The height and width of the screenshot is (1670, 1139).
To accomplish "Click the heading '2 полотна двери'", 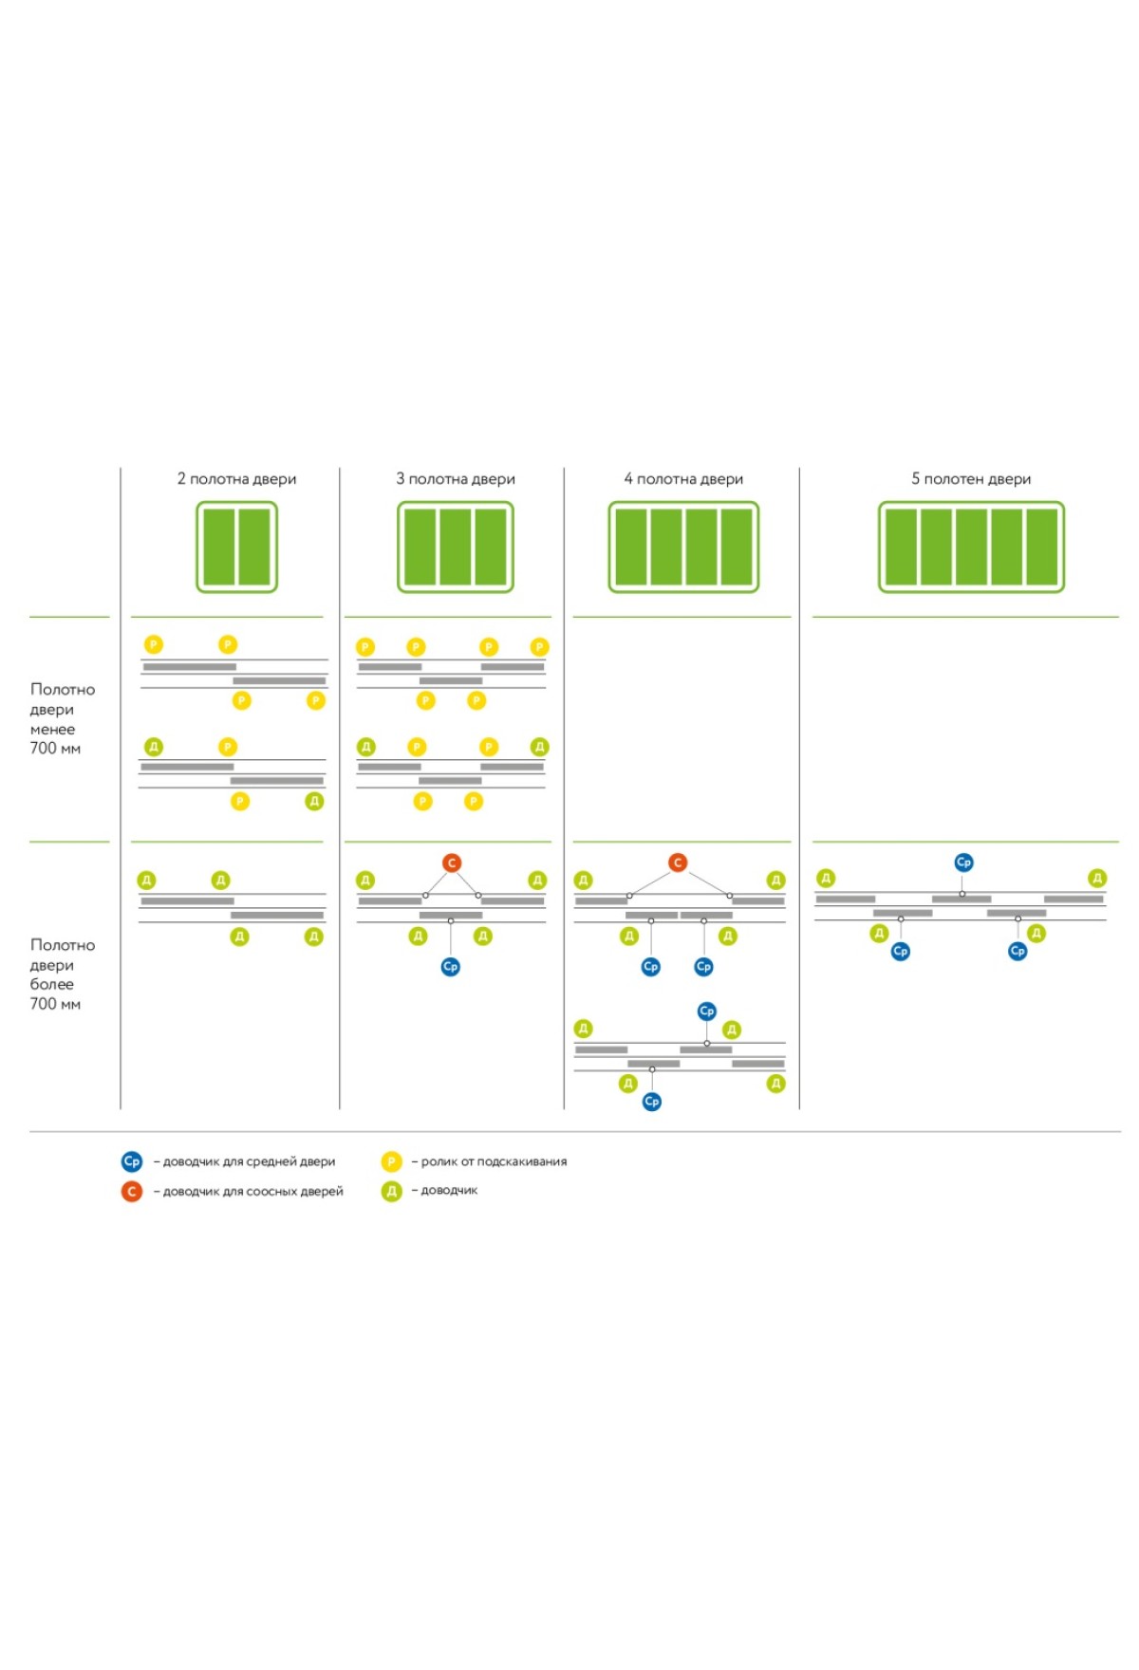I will pyautogui.click(x=236, y=479).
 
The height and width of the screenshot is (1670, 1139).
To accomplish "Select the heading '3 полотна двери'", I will pyautogui.click(x=456, y=479).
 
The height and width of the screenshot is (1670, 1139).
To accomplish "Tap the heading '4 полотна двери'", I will pyautogui.click(x=683, y=479).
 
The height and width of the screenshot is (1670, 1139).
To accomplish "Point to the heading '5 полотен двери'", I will pyautogui.click(x=971, y=479).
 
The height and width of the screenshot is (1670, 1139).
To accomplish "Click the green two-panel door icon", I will pyautogui.click(x=236, y=547).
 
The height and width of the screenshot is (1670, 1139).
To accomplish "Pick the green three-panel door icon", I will pyautogui.click(x=456, y=547).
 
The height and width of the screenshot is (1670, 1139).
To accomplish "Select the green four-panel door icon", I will pyautogui.click(x=683, y=547).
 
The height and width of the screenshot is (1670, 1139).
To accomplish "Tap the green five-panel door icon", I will pyautogui.click(x=971, y=547).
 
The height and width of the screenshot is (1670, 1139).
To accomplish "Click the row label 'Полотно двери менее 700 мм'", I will pyautogui.click(x=61, y=718).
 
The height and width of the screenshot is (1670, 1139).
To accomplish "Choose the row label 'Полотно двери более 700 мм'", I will pyautogui.click(x=61, y=974).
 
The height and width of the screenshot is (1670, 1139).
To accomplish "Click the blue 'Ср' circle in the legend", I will pyautogui.click(x=132, y=1161).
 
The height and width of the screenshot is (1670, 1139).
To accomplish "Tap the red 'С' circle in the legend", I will pyautogui.click(x=132, y=1191).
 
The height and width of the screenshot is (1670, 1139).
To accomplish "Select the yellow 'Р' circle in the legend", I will pyautogui.click(x=391, y=1161).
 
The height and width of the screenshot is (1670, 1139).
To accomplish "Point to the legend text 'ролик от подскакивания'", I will pyautogui.click(x=494, y=1161).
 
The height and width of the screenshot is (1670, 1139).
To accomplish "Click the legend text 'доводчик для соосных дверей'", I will pyautogui.click(x=252, y=1191).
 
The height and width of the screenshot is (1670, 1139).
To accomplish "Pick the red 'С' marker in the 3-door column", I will pyautogui.click(x=452, y=863).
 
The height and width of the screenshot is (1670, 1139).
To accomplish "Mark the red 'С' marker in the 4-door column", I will pyautogui.click(x=678, y=863).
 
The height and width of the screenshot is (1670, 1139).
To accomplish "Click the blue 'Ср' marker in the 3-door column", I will pyautogui.click(x=451, y=967).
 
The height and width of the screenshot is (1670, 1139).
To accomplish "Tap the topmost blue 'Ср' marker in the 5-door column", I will pyautogui.click(x=963, y=863).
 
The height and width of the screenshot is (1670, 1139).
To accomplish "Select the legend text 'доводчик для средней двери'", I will pyautogui.click(x=249, y=1161).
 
